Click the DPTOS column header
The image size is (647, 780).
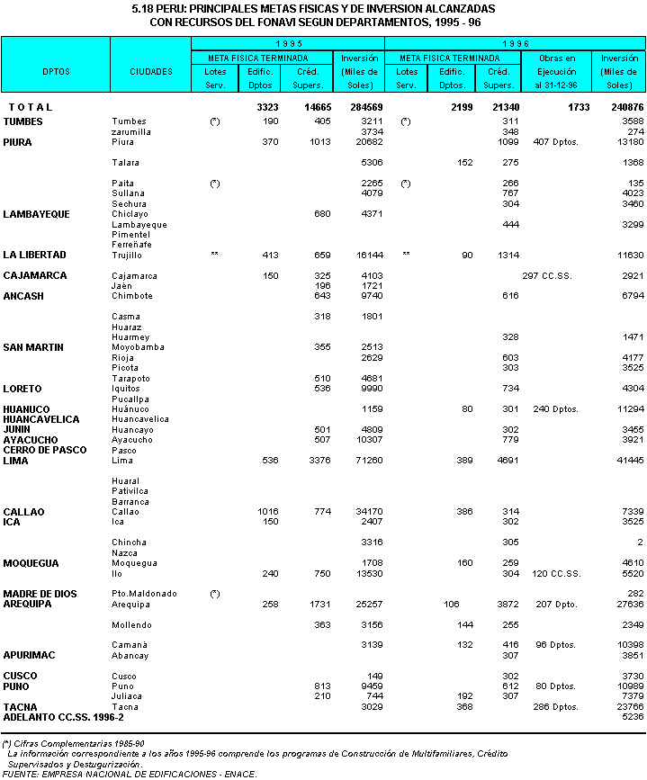[x=55, y=71]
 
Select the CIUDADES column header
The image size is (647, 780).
[x=150, y=71]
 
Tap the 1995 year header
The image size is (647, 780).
[x=288, y=43]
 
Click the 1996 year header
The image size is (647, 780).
[x=515, y=43]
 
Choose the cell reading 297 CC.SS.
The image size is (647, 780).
[x=547, y=275]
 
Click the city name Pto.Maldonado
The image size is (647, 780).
[x=143, y=594]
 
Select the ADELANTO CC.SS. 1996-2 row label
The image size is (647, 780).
[x=63, y=717]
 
